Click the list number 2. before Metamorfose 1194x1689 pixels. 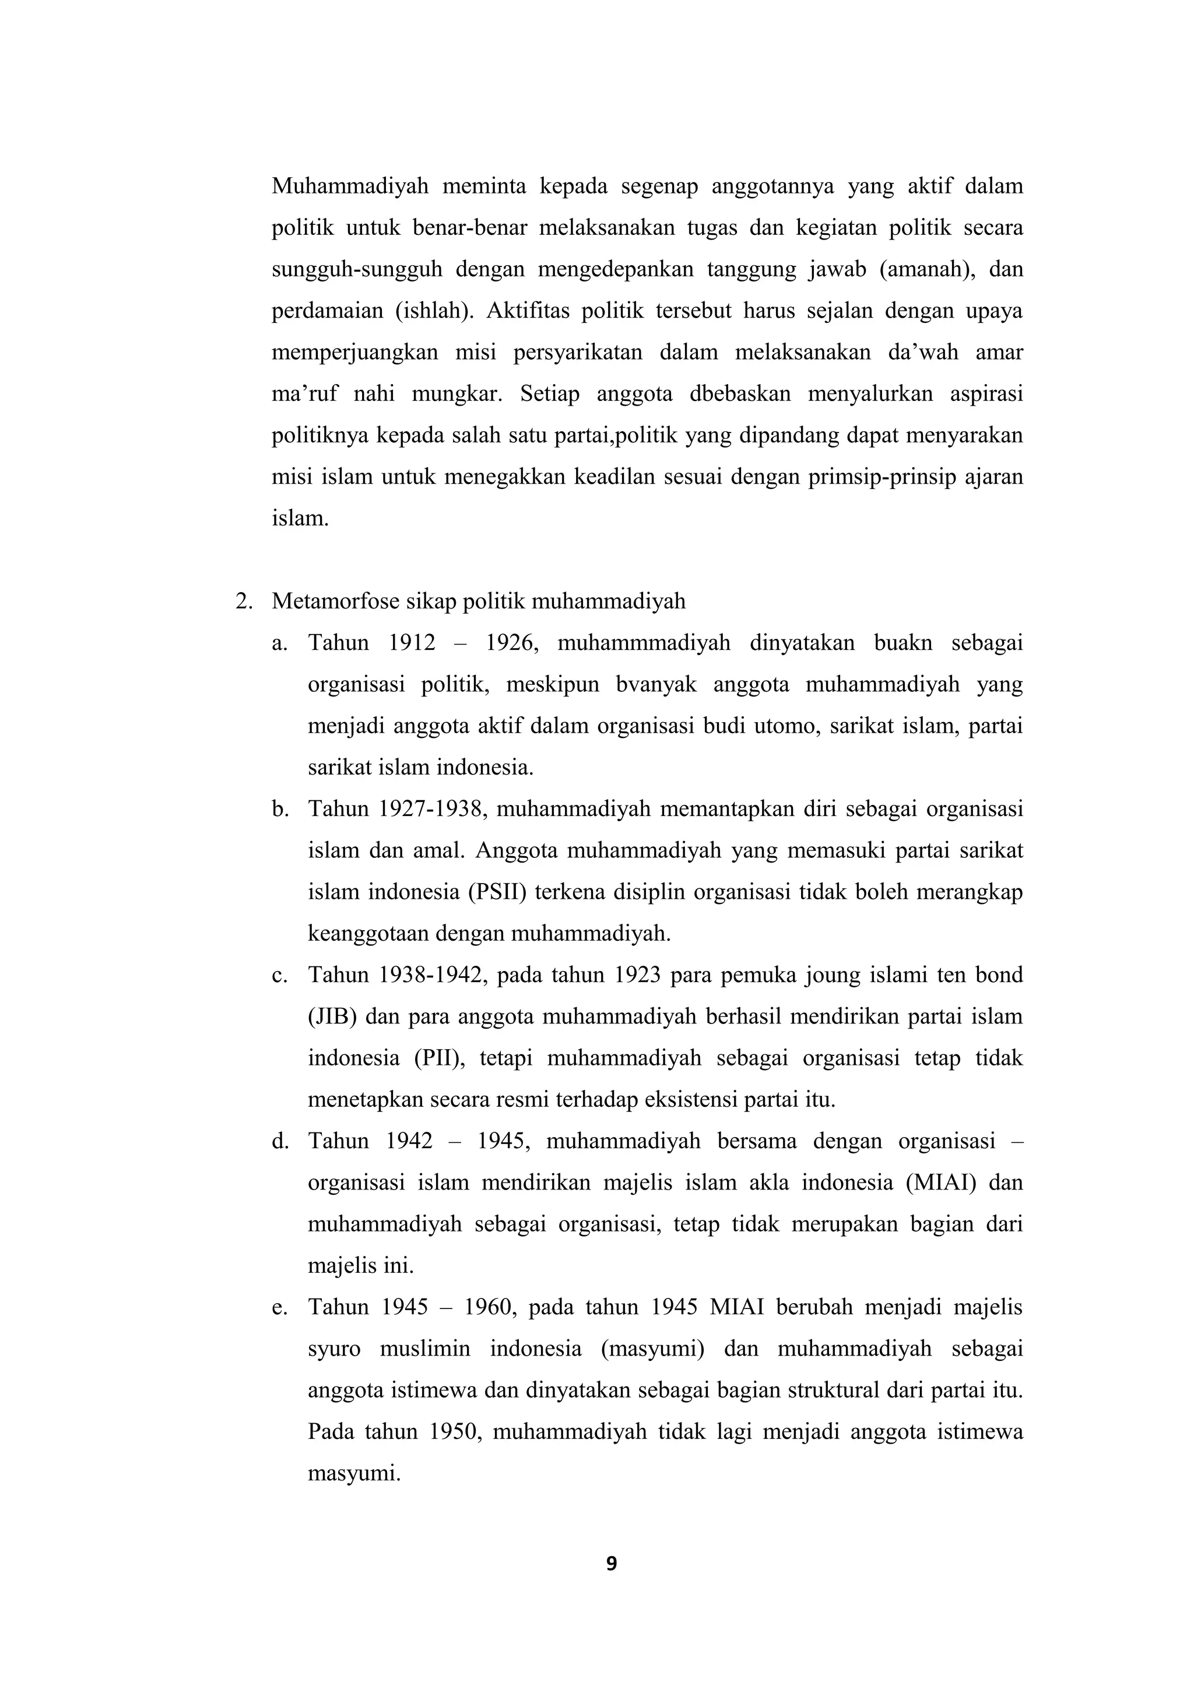tap(244, 601)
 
